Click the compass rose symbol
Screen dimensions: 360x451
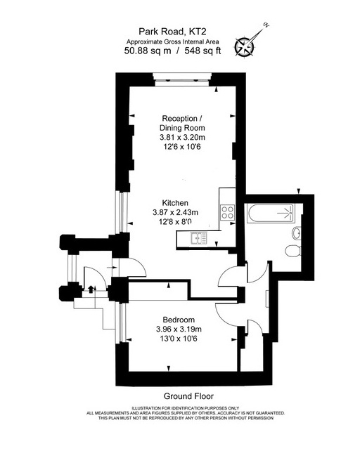[244, 46]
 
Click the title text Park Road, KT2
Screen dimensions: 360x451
[172, 31]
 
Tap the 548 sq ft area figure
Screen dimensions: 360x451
[202, 51]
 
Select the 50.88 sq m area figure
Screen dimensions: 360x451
[148, 51]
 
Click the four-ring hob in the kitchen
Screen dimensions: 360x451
[228, 213]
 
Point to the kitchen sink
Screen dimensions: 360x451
[199, 238]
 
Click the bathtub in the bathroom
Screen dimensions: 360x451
[271, 213]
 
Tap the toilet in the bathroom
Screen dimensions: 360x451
[293, 251]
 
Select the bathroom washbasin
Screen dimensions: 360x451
[297, 233]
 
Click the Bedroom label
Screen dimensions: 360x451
[179, 320]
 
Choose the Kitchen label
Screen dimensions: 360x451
[175, 203]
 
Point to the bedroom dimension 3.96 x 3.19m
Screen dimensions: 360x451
[179, 329]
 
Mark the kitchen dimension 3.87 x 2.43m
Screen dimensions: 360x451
[175, 213]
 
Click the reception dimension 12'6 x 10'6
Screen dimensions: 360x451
[182, 147]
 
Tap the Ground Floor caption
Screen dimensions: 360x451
[188, 396]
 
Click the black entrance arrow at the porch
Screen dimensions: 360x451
[91, 289]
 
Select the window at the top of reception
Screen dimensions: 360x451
[182, 79]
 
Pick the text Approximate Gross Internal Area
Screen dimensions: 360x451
[172, 41]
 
